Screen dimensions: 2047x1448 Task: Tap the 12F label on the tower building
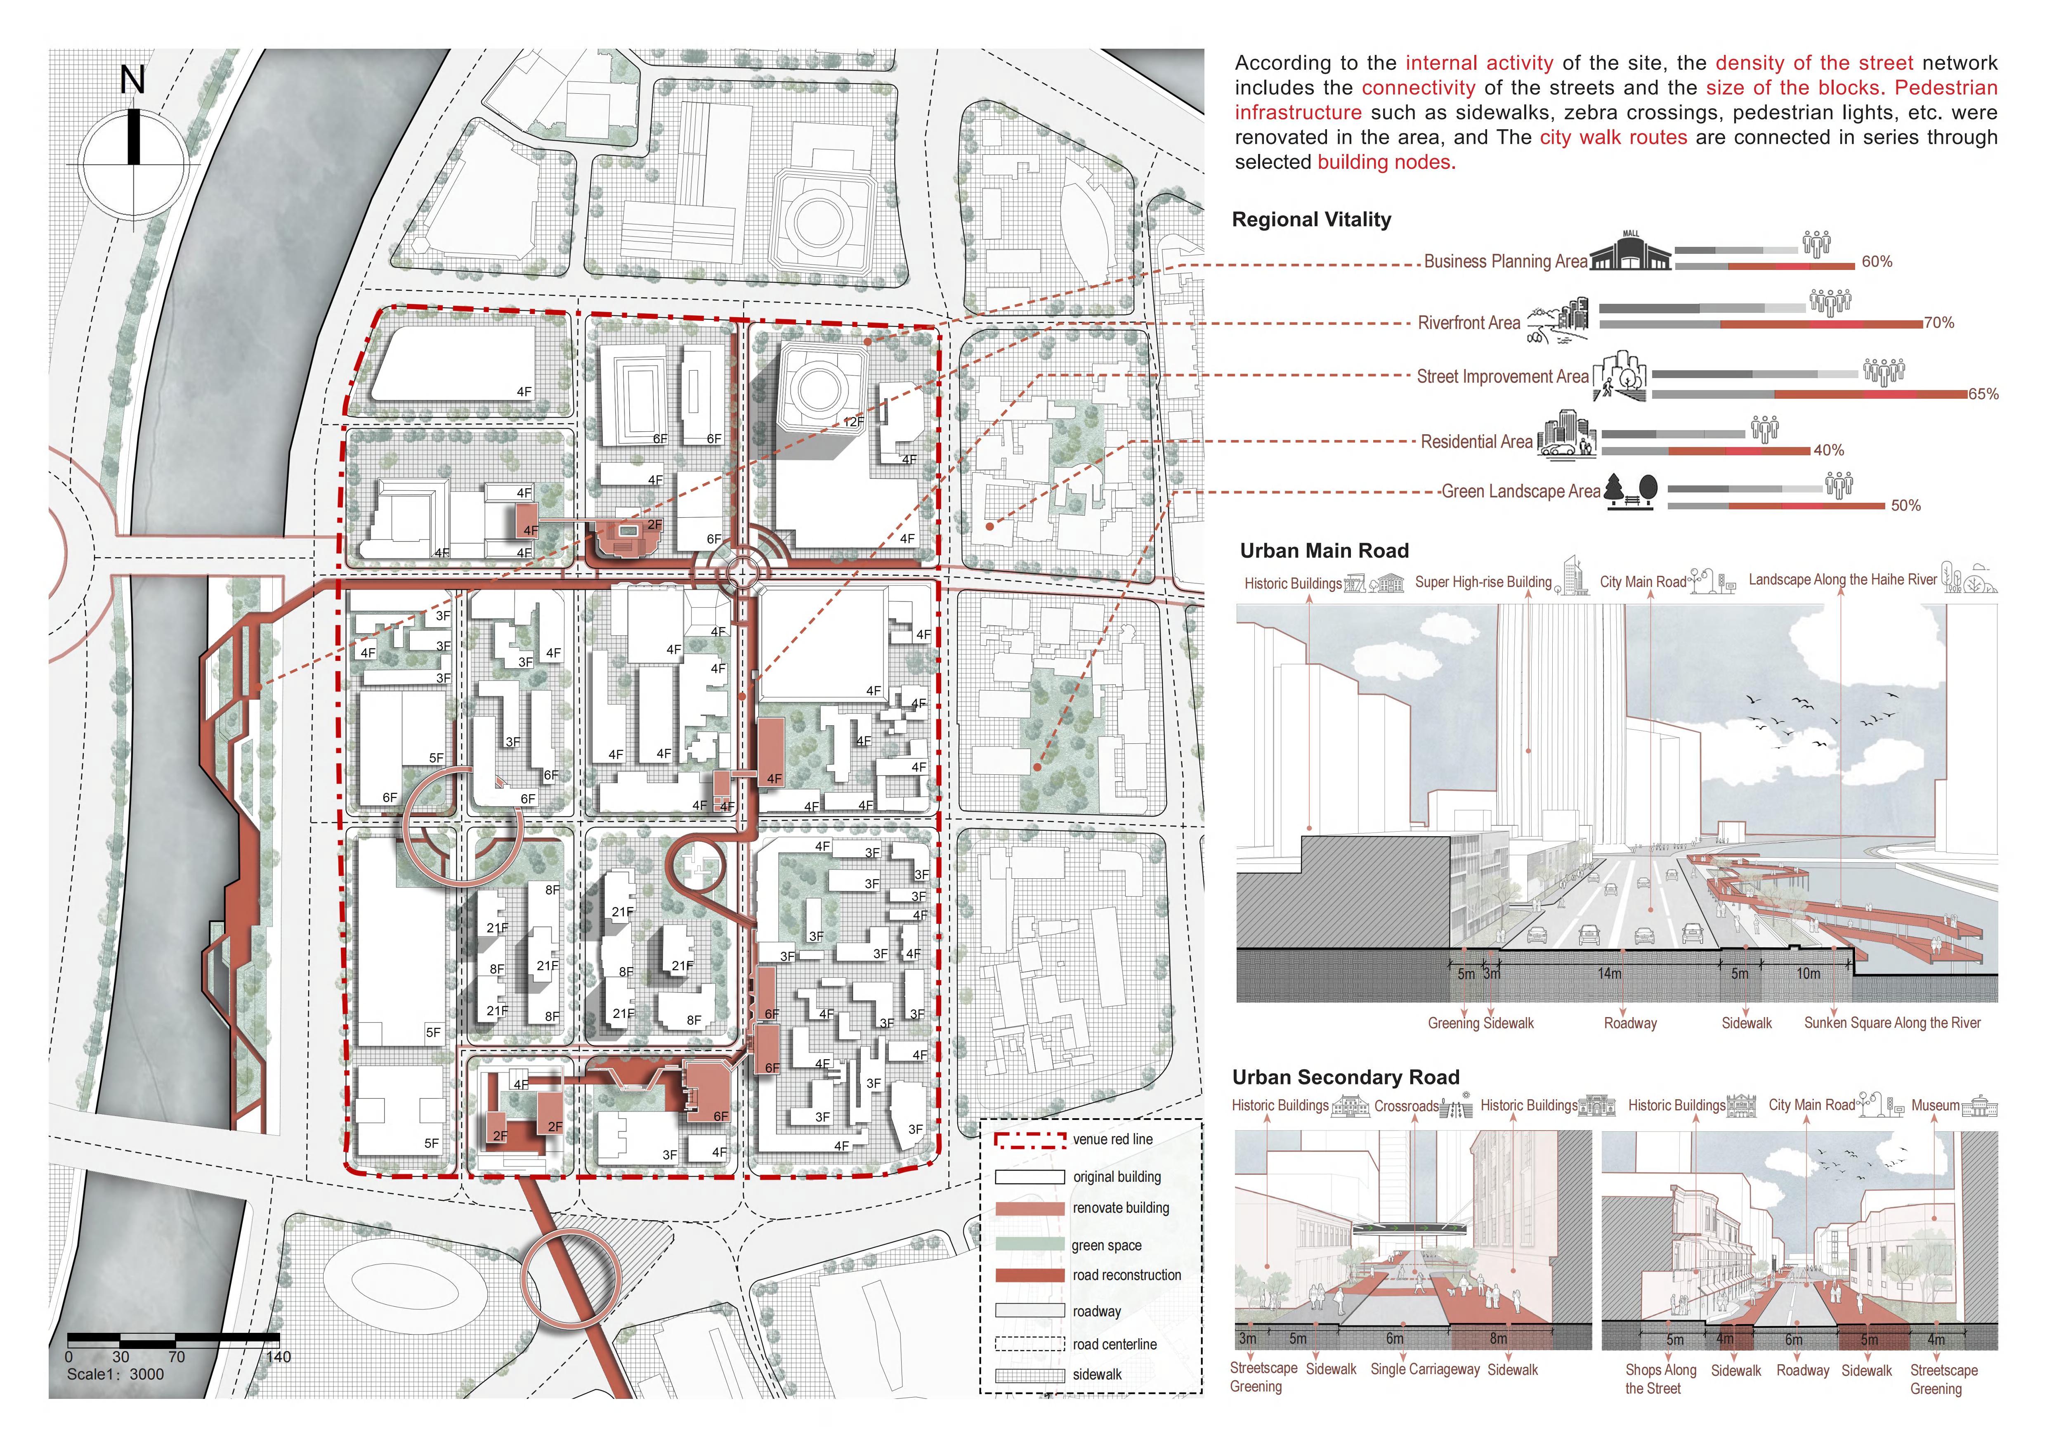tap(853, 422)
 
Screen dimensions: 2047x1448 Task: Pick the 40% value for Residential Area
tap(1829, 450)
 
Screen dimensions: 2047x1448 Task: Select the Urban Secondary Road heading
tap(1346, 1077)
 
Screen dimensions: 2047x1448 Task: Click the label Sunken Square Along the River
tap(1892, 1023)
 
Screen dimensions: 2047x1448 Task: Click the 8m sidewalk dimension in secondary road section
tap(1499, 1338)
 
